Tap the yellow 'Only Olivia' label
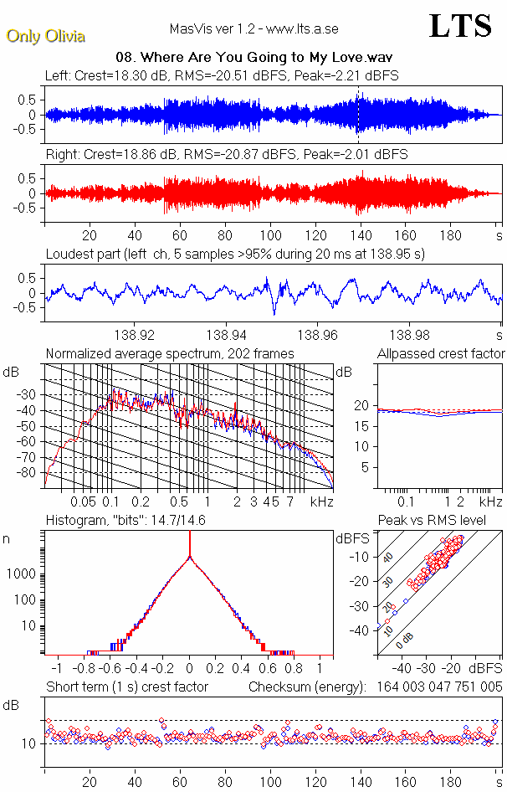(x=45, y=36)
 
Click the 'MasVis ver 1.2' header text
(x=253, y=28)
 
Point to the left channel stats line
(x=222, y=75)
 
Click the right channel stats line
(x=226, y=155)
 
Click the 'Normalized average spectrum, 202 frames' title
(x=170, y=353)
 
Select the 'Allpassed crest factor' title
(x=441, y=353)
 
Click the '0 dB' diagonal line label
(x=404, y=639)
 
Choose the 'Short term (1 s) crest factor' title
(x=127, y=687)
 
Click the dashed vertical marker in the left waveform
(x=358, y=115)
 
